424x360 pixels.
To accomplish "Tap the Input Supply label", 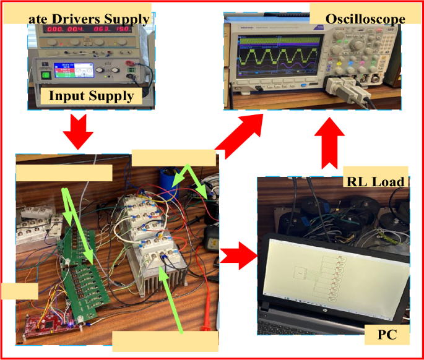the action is click(x=91, y=96).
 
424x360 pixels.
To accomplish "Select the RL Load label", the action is click(x=375, y=181).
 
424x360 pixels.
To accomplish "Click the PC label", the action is click(x=386, y=336).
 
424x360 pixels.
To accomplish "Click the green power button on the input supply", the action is click(x=45, y=75).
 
